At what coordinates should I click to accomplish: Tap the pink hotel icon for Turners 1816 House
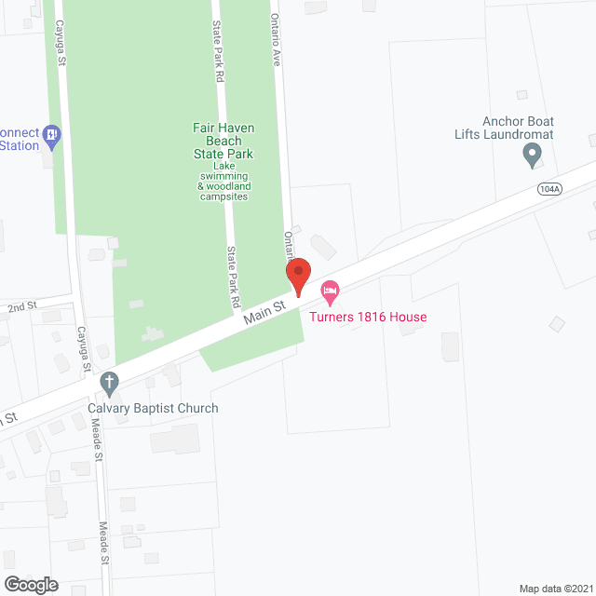(330, 291)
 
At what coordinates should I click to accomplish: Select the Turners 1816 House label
(368, 317)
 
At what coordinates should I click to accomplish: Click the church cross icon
(110, 382)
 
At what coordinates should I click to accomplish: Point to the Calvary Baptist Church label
(153, 408)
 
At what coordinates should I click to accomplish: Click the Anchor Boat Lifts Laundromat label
(517, 129)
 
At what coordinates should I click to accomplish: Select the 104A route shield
(549, 188)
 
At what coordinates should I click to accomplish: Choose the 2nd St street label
(21, 305)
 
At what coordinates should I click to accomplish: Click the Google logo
(30, 585)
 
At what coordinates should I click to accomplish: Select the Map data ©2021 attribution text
(555, 588)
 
